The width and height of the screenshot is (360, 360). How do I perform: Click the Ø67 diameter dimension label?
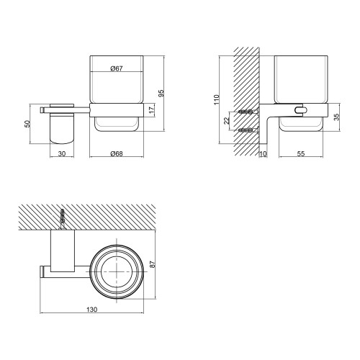(117, 68)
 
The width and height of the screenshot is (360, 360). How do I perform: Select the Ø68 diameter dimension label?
(117, 153)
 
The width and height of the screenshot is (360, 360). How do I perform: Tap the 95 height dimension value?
(161, 93)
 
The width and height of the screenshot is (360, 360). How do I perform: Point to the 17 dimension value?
(152, 110)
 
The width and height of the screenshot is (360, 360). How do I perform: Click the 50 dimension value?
(28, 124)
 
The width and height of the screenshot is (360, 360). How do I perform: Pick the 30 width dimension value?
(62, 153)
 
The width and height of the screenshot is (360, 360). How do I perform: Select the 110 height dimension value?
(217, 99)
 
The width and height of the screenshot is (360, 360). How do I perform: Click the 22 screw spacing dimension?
(227, 121)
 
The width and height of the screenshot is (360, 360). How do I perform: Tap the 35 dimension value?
(337, 117)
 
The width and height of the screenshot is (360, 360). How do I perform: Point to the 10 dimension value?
(264, 154)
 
